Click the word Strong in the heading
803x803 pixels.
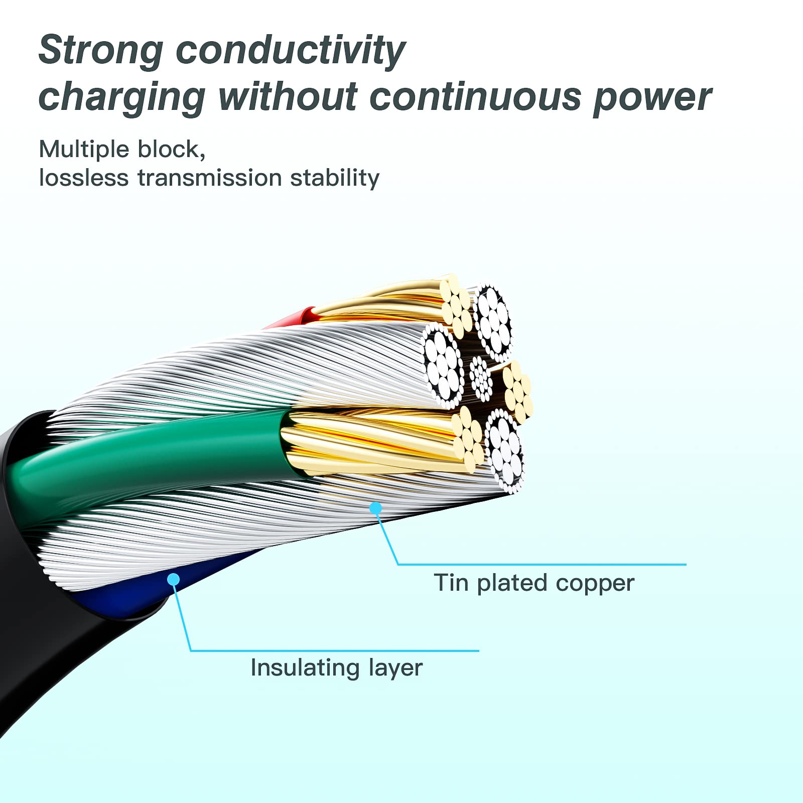100,50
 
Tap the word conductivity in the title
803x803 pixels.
291,51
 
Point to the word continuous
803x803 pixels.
475,97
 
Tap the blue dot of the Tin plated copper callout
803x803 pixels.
375,508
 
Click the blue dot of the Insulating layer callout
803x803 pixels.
174,580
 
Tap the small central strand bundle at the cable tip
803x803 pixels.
481,378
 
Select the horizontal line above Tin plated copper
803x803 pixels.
542,565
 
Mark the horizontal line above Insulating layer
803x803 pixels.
335,651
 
